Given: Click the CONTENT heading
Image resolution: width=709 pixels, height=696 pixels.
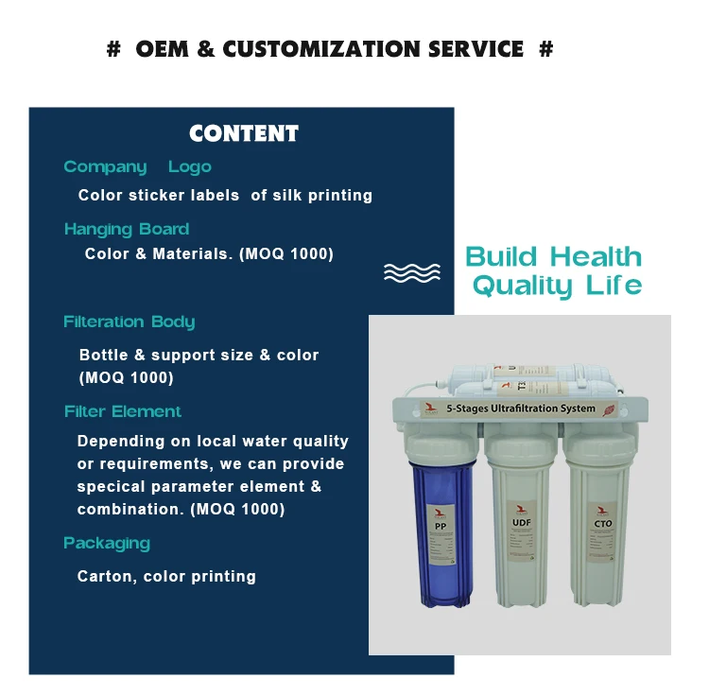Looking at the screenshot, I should point(244,133).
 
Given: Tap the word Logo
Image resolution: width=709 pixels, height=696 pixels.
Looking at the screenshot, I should point(190,167).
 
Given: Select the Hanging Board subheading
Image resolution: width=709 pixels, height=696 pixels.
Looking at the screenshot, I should point(127,229).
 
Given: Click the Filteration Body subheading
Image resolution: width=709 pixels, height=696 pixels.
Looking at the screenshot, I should point(130,322).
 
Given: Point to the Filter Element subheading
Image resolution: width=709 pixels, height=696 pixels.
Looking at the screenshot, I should point(123,411).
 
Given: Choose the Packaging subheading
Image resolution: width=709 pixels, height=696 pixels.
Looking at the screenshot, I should point(107,543).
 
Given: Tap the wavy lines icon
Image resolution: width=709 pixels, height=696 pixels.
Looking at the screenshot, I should point(412,272).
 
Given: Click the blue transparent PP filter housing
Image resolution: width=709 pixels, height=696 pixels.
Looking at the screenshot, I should point(441,530).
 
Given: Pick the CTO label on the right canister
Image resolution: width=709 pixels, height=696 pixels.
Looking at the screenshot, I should point(603,523).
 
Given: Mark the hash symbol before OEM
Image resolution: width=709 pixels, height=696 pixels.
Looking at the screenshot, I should point(113,49).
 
